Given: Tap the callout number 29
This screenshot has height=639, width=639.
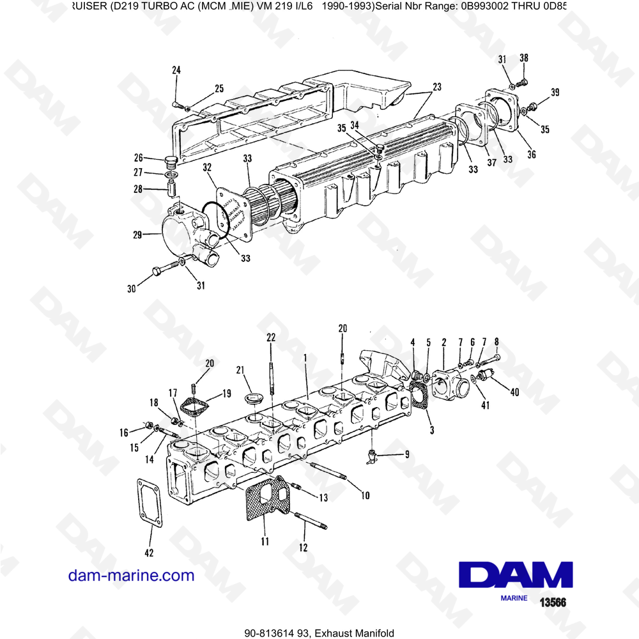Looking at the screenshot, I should (137, 236).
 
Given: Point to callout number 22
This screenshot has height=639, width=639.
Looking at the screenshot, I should (271, 337).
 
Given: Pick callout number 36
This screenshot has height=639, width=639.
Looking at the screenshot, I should (532, 154).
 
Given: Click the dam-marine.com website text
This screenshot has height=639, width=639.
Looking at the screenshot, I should (131, 575).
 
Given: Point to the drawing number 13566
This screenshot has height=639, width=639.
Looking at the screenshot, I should (553, 602).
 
